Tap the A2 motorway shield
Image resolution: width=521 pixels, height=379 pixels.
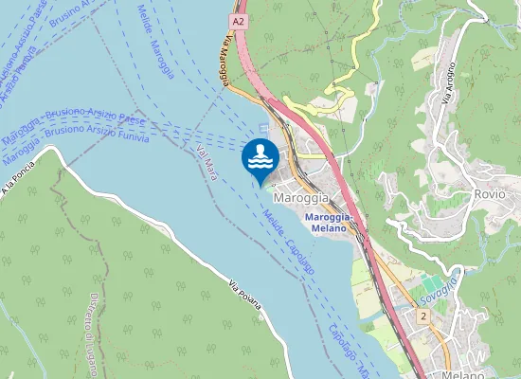(x=238, y=20)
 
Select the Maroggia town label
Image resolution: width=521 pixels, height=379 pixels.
(x=301, y=198)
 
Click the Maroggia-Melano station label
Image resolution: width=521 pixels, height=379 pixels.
(x=330, y=222)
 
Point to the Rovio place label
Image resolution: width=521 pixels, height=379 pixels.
(x=488, y=193)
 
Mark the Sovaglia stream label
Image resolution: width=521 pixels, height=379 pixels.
(x=438, y=285)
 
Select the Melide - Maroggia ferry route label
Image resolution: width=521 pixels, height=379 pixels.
(x=155, y=38)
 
